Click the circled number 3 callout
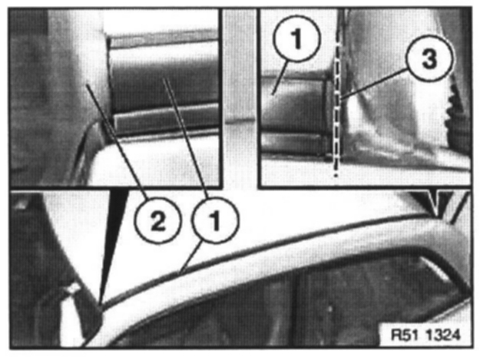tap(429, 58)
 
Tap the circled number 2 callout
tap(158, 221)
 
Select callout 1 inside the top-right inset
tap(297, 38)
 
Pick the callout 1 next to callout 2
tap(215, 221)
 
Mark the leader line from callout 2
tap(114, 142)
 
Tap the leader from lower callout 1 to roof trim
tap(190, 258)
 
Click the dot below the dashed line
tap(336, 176)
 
